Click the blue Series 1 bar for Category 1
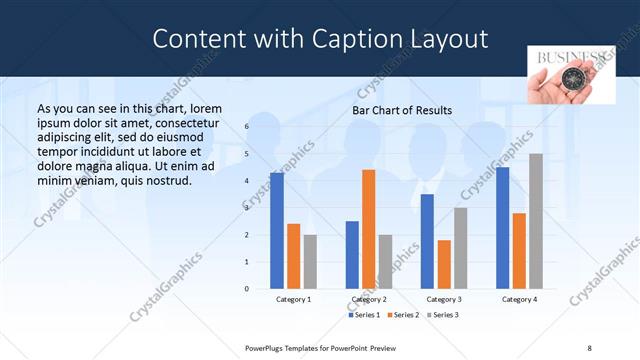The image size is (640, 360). [x=277, y=231]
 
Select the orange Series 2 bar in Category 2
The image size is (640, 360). [x=368, y=229]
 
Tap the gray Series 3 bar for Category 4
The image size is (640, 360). [x=536, y=221]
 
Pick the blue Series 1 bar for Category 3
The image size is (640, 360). [x=427, y=241]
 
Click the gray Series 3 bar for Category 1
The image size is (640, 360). [x=310, y=262]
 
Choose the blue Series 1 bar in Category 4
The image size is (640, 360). [x=502, y=228]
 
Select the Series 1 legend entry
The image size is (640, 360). [x=363, y=315]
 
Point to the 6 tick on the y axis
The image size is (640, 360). [x=246, y=127]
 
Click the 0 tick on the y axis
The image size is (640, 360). [x=246, y=289]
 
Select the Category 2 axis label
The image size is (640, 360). [x=369, y=300]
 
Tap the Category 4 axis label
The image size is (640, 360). [x=519, y=300]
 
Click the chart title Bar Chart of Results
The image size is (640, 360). [x=402, y=110]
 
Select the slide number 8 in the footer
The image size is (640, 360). [x=589, y=347]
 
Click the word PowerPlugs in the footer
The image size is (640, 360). [x=270, y=347]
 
